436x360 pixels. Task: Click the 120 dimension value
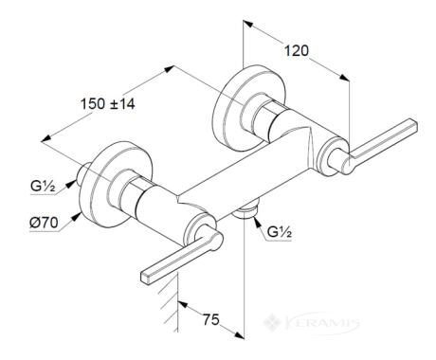pyautogui.click(x=297, y=50)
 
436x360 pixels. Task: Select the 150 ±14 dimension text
pyautogui.click(x=107, y=103)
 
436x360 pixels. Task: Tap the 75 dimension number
pyautogui.click(x=210, y=319)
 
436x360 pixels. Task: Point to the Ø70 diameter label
pyautogui.click(x=44, y=223)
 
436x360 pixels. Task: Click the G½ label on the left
pyautogui.click(x=43, y=186)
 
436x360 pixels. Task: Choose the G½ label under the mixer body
pyautogui.click(x=280, y=232)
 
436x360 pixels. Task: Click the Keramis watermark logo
pyautogui.click(x=311, y=323)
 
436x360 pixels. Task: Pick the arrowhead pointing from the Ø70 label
pyautogui.click(x=76, y=217)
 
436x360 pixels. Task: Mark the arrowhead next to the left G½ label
pyautogui.click(x=72, y=183)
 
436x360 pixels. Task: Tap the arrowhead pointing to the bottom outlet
pyautogui.click(x=257, y=222)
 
